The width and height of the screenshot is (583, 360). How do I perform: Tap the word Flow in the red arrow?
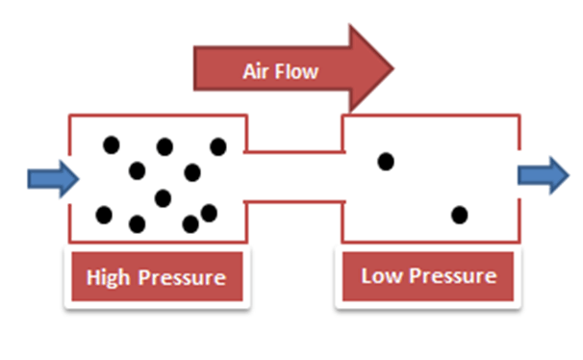pos(299,71)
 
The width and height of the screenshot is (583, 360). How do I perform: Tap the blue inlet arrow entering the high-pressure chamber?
pos(53,178)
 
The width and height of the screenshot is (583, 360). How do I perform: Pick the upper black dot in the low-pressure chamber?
pos(386,162)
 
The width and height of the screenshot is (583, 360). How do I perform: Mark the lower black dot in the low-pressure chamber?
pos(460,214)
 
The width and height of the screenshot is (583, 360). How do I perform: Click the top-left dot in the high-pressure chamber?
pos(112,145)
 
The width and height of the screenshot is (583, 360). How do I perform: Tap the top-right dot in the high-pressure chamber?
pos(218,146)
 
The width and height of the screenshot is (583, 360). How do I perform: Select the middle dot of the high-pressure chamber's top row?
pos(165,146)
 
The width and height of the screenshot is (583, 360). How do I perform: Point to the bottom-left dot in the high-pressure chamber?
pos(104,214)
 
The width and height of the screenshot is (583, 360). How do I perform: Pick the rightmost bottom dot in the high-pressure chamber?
pos(210,212)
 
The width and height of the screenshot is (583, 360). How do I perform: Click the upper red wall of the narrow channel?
pos(295,152)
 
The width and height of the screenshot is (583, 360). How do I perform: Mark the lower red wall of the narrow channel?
pos(295,202)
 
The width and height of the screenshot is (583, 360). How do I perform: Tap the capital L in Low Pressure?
pos(367,276)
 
